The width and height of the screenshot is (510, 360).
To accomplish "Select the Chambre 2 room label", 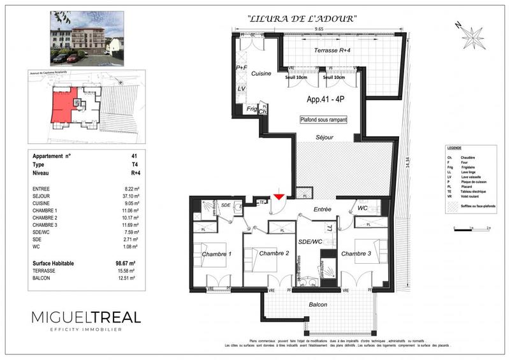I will pyautogui.click(x=275, y=254).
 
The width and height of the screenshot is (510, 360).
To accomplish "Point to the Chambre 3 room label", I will pyautogui.click(x=357, y=254).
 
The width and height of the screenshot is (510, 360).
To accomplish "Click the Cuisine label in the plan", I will pyautogui.click(x=261, y=74).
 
